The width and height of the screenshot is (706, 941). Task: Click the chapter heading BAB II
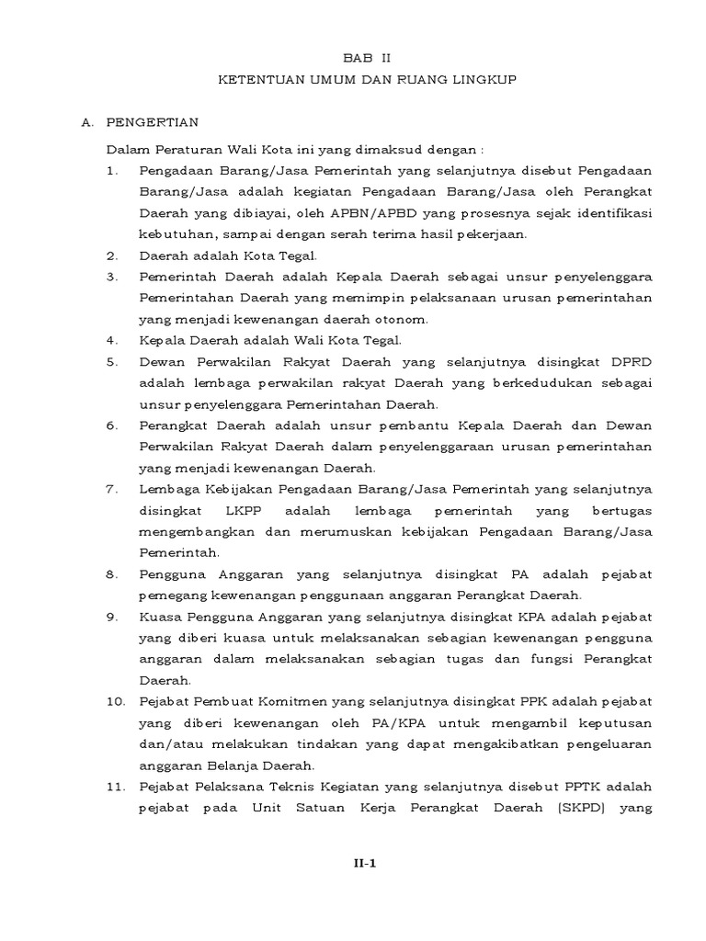(x=367, y=57)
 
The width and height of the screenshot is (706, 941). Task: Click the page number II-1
(x=368, y=864)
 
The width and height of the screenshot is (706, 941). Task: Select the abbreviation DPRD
(x=629, y=361)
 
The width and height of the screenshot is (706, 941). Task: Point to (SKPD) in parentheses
(x=561, y=810)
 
